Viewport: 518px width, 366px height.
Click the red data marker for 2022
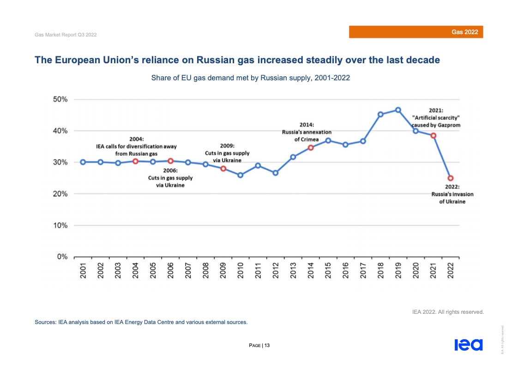(450, 178)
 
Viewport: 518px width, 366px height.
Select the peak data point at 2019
(398, 110)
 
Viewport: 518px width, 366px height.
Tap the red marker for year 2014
(311, 148)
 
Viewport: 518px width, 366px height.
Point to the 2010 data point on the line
(240, 175)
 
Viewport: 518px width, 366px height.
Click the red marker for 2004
(135, 161)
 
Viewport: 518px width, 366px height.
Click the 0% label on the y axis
(62, 257)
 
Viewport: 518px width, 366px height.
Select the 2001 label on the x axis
(83, 270)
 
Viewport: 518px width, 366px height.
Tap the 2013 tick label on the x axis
(293, 270)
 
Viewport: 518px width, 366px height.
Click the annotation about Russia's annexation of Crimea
(307, 132)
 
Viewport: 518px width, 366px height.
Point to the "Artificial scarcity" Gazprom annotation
(436, 118)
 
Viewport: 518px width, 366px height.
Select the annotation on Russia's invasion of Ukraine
(452, 194)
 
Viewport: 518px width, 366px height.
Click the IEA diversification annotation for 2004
(136, 146)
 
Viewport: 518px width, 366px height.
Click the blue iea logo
(468, 345)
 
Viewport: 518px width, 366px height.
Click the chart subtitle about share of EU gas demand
(250, 78)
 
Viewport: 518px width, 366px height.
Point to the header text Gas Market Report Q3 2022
(66, 35)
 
